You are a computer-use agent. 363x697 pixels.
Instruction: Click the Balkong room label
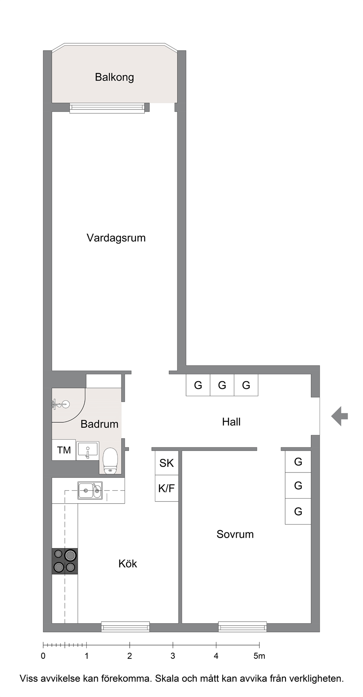(x=114, y=77)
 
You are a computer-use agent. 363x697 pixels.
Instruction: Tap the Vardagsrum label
(x=116, y=238)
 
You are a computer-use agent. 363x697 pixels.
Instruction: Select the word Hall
(x=231, y=422)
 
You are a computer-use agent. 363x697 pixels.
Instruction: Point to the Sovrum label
(x=235, y=534)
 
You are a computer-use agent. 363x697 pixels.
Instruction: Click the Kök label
(x=128, y=563)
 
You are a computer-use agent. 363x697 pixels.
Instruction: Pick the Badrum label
(x=99, y=424)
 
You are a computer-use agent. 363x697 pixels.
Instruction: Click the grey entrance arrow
(x=339, y=416)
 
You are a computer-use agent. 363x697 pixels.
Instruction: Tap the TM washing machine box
(x=64, y=450)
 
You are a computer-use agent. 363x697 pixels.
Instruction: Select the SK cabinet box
(x=167, y=463)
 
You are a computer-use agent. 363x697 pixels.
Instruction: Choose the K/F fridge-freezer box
(x=167, y=488)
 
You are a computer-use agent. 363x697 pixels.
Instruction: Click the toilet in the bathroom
(x=110, y=461)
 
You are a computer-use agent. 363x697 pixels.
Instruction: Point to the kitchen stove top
(x=65, y=561)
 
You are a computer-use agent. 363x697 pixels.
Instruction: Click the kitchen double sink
(x=90, y=490)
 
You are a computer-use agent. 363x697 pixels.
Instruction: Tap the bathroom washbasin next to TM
(x=88, y=450)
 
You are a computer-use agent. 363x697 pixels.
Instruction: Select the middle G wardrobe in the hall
(x=222, y=385)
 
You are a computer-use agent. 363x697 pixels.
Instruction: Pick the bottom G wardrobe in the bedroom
(x=298, y=512)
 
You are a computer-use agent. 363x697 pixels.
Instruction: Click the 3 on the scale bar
(x=173, y=656)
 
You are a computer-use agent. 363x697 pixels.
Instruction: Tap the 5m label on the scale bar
(x=259, y=656)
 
